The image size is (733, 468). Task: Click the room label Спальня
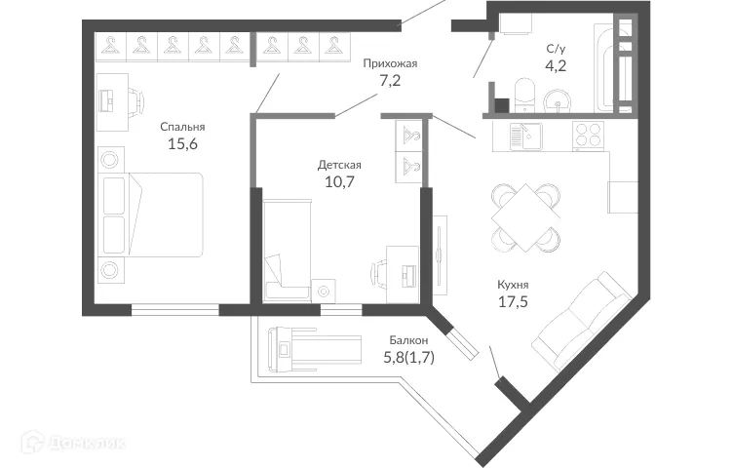coord(183,126)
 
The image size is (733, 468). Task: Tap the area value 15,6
coord(183,145)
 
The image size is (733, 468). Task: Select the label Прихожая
coord(390,64)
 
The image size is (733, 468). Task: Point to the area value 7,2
coord(390,83)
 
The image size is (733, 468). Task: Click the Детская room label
coord(340,164)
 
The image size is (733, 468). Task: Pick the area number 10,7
coord(340,182)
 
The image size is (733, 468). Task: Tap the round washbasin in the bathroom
coord(559,99)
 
